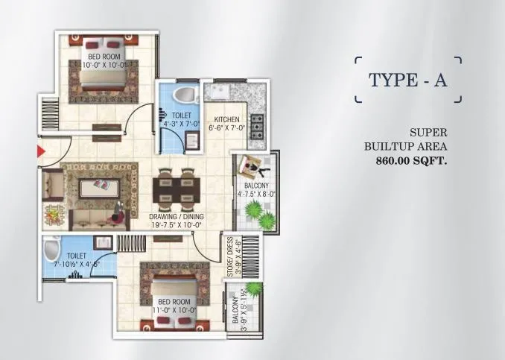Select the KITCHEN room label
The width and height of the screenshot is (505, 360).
pos(226,120)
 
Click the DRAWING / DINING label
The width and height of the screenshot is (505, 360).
pos(176,217)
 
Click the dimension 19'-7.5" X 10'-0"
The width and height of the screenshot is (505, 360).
pos(176,224)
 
